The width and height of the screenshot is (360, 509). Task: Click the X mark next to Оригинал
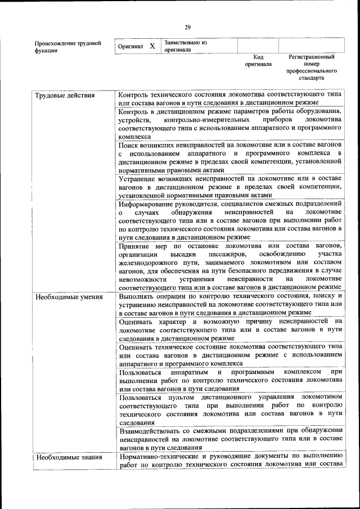(152, 46)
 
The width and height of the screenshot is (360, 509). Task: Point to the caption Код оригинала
(258, 61)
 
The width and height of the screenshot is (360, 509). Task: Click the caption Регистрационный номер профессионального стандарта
(312, 67)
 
